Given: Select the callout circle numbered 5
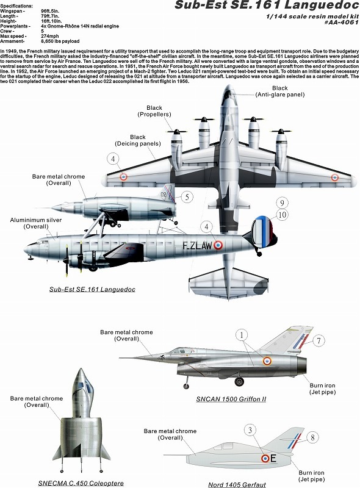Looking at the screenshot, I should pos(187,196).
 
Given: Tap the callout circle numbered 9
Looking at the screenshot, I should pos(281,203).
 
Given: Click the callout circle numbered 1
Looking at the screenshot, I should pos(242,335).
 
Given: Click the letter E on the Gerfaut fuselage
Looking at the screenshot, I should pos(273,458).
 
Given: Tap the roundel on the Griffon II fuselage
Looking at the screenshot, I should pos(267,361).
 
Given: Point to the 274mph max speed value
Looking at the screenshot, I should pos(50,36).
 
